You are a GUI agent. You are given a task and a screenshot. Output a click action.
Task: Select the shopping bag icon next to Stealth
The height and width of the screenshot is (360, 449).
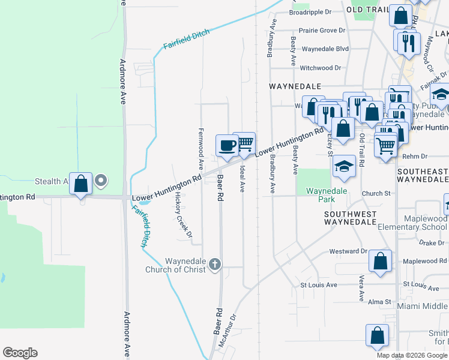(80, 182)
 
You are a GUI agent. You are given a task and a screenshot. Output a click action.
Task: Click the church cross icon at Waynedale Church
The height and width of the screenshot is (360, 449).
(215, 263)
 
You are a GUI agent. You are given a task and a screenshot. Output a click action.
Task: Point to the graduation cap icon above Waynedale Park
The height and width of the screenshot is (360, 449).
(345, 166)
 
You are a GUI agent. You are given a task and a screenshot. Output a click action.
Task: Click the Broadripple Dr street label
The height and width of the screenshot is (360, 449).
(310, 12)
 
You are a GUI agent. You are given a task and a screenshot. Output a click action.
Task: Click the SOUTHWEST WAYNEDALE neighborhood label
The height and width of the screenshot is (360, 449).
(351, 218)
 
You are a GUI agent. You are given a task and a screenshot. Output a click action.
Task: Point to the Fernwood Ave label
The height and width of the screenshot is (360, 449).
(201, 148)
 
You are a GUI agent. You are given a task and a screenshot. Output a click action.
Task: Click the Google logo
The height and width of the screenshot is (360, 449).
(20, 353)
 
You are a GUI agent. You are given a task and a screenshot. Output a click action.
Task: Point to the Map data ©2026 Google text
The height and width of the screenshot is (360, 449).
(412, 355)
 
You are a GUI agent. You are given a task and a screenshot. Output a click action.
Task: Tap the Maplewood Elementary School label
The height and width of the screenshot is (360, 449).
(412, 223)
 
